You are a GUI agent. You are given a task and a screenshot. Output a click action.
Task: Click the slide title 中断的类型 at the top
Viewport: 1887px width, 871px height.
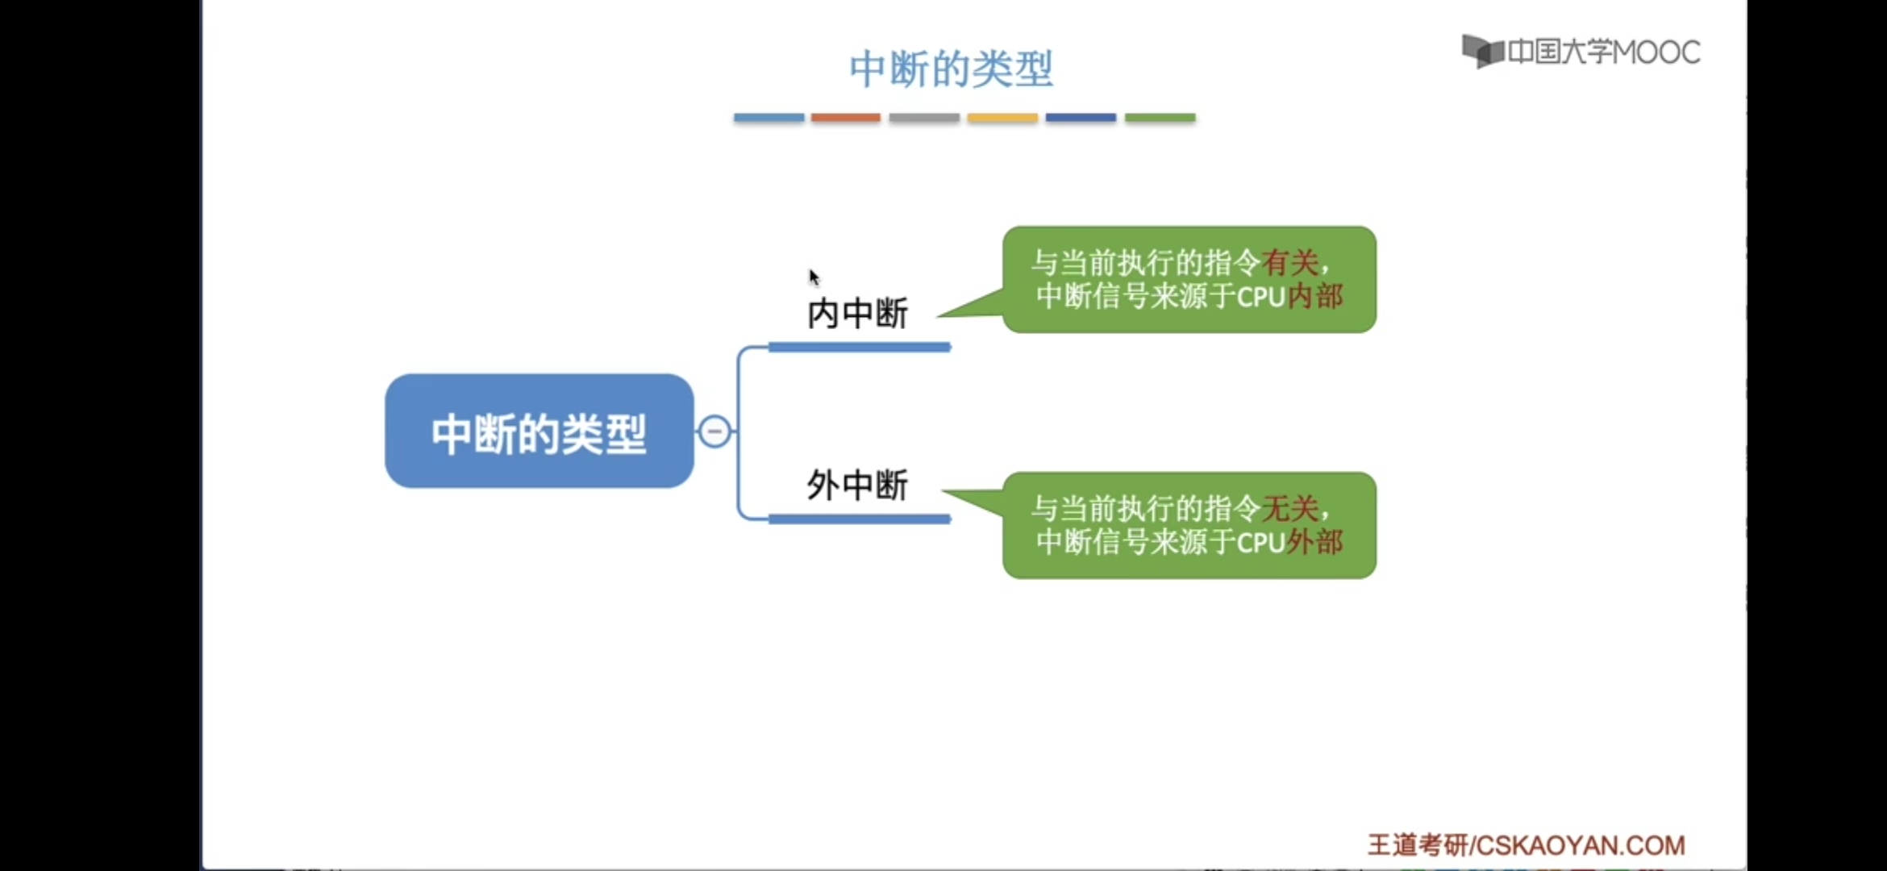click(951, 69)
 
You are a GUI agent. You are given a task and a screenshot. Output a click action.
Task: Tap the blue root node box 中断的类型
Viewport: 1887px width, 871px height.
click(539, 431)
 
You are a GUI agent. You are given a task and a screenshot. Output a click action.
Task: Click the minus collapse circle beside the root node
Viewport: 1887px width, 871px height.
click(714, 431)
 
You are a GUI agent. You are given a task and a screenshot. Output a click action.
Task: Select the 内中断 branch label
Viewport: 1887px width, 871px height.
click(858, 314)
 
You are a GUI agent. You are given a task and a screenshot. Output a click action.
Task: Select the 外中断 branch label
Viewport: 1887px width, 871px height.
click(858, 486)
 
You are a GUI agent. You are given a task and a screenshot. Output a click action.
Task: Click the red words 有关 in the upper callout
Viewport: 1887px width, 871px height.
click(1290, 263)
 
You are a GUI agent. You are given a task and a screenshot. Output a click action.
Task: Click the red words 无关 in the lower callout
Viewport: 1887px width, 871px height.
click(1290, 509)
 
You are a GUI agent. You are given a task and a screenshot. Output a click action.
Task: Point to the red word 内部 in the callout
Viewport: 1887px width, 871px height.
click(1314, 297)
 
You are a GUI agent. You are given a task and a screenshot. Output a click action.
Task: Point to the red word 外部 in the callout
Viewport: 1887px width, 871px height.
click(1314, 542)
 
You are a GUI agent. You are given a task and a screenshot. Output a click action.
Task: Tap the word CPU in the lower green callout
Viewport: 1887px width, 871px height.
click(1260, 543)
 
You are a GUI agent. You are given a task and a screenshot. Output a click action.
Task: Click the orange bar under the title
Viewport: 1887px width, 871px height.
click(845, 118)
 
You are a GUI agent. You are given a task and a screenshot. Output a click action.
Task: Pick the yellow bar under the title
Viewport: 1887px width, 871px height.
click(1002, 118)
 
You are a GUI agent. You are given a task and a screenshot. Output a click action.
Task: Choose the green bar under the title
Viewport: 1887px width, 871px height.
click(1160, 118)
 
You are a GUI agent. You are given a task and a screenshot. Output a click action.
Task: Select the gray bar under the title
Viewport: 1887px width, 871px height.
click(924, 118)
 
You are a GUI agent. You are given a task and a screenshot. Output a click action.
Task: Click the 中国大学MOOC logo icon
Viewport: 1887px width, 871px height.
click(1482, 52)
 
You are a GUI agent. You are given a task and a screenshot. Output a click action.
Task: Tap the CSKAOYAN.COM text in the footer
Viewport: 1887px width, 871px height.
click(1581, 845)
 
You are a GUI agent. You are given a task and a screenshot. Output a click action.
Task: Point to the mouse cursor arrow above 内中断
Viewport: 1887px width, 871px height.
click(814, 277)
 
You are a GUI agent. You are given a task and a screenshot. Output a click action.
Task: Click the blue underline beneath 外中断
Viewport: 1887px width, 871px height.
click(860, 519)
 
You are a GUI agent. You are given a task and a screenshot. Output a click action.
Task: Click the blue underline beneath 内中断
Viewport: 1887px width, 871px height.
click(860, 348)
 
